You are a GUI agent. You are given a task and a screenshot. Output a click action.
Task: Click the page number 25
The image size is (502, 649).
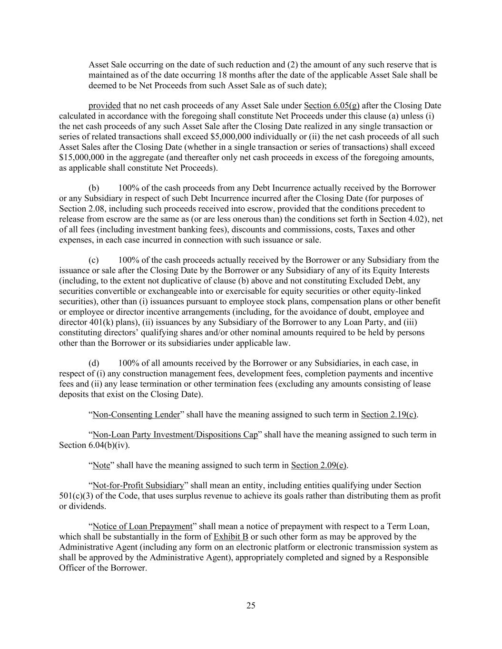pos(251,605)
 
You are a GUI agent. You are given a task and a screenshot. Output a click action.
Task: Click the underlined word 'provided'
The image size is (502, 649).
pos(104,106)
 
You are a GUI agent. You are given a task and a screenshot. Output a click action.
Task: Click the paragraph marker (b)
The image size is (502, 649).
pos(94,188)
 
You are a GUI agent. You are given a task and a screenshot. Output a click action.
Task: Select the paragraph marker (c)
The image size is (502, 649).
pos(94,260)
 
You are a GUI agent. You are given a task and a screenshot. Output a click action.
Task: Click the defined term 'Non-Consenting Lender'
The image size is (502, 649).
pos(136,415)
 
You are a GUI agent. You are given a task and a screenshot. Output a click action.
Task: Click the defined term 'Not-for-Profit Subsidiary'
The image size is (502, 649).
pos(138,485)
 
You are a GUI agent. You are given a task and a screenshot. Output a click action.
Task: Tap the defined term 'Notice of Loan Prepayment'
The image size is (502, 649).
pos(142,526)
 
